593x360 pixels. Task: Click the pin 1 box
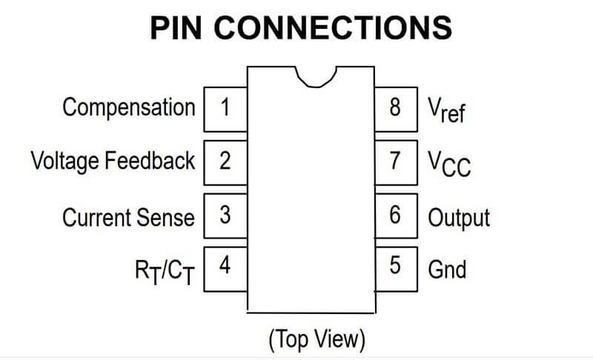tap(225, 109)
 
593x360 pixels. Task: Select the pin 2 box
tap(225, 161)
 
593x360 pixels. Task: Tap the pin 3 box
tap(225, 216)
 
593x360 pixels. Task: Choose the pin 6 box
tap(396, 216)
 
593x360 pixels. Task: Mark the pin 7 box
tap(396, 161)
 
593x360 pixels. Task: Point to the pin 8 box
tap(396, 109)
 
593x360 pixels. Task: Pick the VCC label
tap(448, 163)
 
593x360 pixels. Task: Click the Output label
tap(459, 217)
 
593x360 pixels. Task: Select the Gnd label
tap(447, 268)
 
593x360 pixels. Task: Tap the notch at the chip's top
tap(317, 75)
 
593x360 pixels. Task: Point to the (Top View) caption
tap(317, 339)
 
